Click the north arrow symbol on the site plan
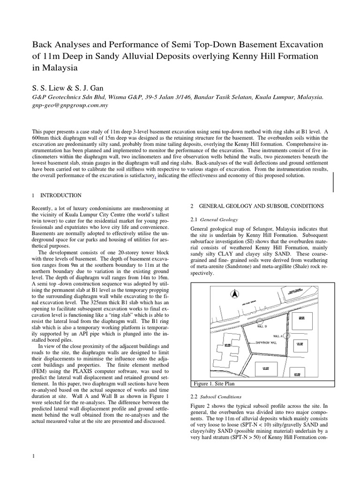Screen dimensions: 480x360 231,294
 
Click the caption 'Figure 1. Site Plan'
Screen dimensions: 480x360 214,383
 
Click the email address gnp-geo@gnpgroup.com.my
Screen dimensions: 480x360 70,105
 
